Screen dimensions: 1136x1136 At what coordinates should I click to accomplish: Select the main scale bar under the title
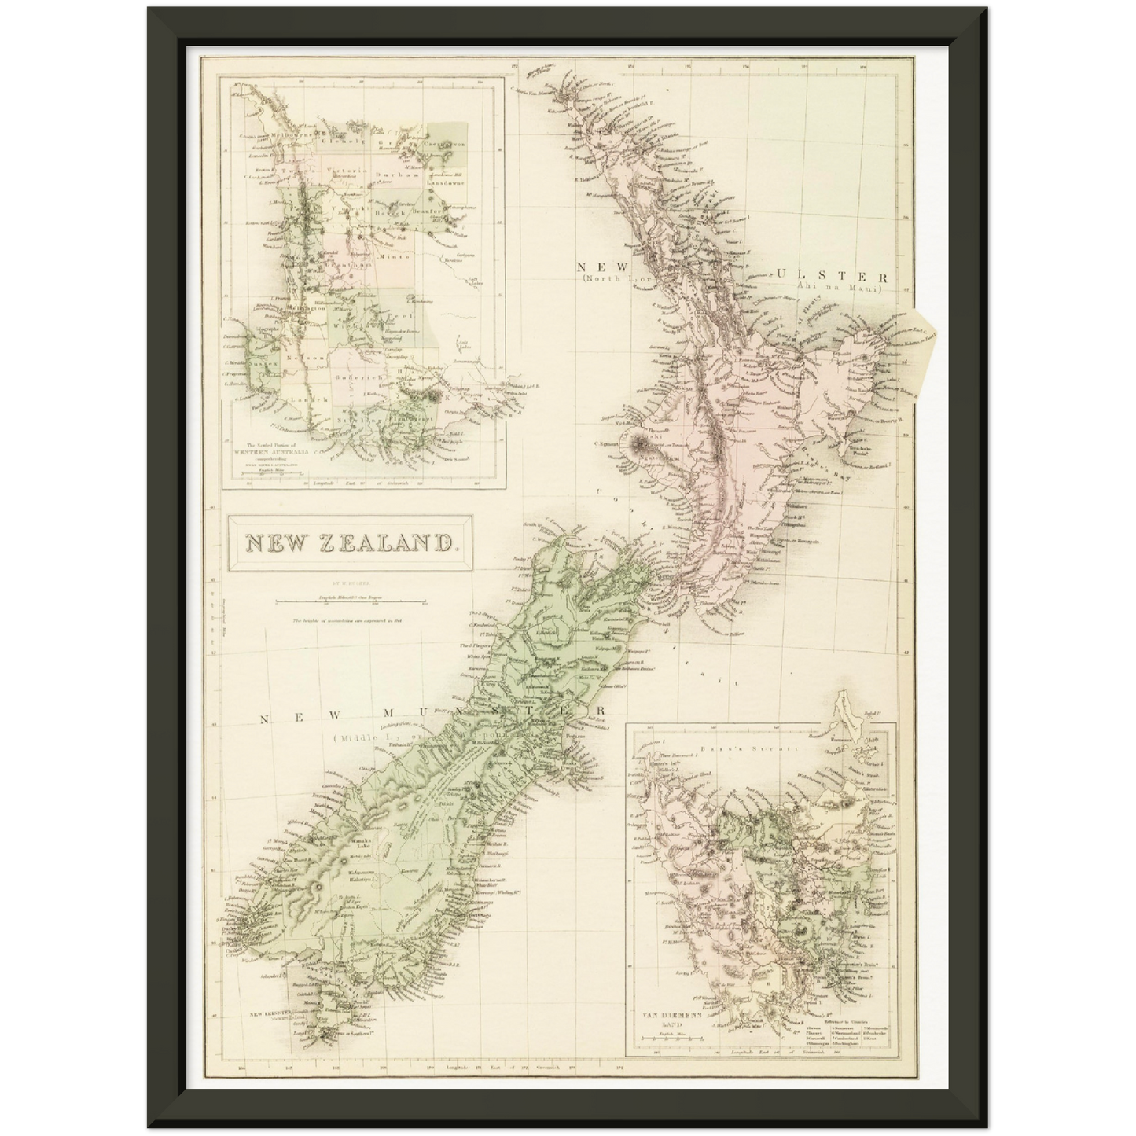[x=350, y=604]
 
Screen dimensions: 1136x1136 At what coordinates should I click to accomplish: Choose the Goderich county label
[x=358, y=377]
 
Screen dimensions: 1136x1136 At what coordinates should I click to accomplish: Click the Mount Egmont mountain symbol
[x=636, y=445]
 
